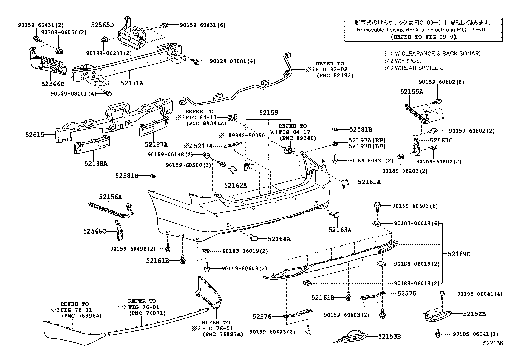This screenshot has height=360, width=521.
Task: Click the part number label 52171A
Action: pos(132,83)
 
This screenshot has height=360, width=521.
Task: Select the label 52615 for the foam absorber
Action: pos(35,134)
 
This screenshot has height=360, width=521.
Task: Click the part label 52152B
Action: pos(474,314)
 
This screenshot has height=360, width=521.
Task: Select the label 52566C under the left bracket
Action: pos(53,84)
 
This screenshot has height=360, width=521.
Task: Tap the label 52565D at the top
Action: pos(102,25)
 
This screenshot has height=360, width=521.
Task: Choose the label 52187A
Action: pos(156,144)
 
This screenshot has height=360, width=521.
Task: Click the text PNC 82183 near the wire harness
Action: pos(335,75)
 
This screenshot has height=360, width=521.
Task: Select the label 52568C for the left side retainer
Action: pos(95,231)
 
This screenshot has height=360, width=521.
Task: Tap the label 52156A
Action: pos(111,197)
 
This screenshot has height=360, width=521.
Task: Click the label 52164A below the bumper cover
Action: pos(279,239)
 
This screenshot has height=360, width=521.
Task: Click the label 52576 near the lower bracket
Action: pos(262,316)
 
